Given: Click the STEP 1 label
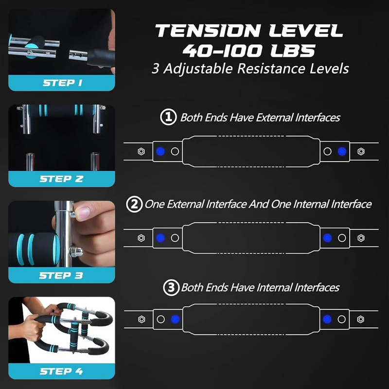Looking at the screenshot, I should pos(62,83).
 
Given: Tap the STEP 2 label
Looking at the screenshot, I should pos(62,179).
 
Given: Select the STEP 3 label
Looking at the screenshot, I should pos(62,275).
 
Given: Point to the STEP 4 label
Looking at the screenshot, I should pos(62,372).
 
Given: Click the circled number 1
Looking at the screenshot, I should pos(168,117).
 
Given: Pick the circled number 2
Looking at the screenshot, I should pos(134,204).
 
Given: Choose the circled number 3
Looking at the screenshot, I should pos(170,288).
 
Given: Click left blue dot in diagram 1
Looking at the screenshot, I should pos(160,151).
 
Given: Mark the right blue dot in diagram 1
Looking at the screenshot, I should pos(342,151).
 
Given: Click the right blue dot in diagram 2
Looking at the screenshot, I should pos(327,238).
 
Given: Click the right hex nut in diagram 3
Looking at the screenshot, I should pos(361,319).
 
